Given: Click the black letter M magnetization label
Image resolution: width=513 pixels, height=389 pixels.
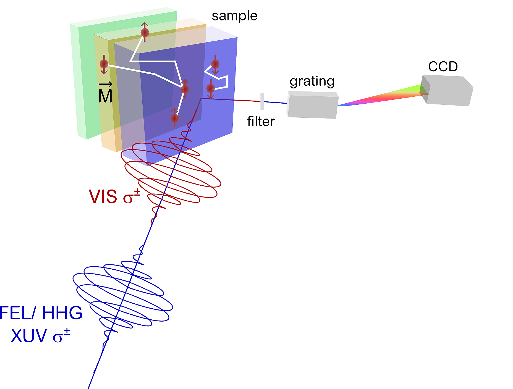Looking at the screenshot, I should (x=105, y=96).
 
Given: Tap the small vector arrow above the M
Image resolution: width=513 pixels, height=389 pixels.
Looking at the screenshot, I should (x=105, y=85).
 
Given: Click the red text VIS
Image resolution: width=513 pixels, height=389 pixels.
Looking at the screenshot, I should (x=103, y=196).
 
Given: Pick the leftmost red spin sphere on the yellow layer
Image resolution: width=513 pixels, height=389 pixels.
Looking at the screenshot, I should (x=104, y=64).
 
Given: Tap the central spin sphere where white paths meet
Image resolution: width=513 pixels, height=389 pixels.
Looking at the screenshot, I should (x=185, y=89).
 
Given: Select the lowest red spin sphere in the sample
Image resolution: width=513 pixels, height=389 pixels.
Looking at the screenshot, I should (x=174, y=118).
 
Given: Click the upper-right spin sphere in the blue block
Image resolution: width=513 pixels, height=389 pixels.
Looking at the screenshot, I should (x=215, y=64).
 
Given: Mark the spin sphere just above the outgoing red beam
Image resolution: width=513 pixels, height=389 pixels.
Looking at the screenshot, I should (x=211, y=88).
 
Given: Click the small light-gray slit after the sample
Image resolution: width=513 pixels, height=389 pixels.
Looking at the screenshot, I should (x=262, y=102).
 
